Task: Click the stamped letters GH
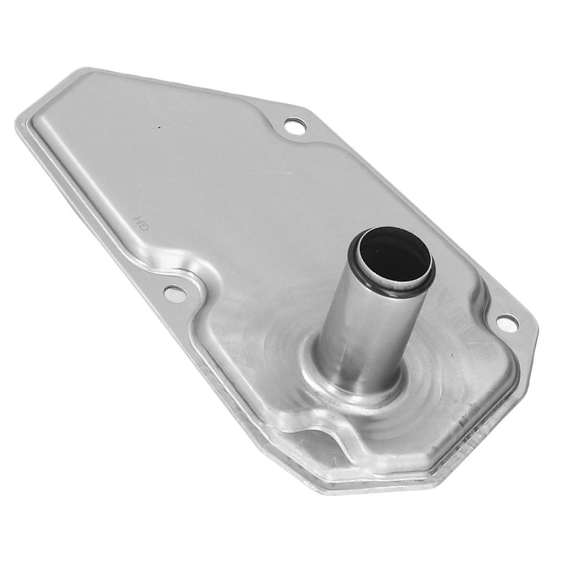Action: (x=138, y=223)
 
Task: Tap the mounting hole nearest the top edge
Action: (x=295, y=126)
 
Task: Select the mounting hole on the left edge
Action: (x=175, y=294)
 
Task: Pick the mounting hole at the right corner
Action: (x=507, y=323)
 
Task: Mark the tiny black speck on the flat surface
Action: (x=160, y=128)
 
